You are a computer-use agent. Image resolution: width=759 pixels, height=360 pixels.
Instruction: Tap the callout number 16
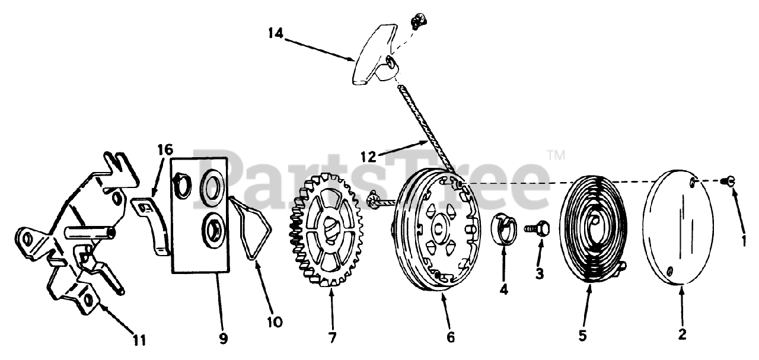[x=165, y=148]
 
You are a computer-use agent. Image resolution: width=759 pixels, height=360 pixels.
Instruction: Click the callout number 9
[x=223, y=339]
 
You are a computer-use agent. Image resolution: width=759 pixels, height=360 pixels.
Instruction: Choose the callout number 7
[x=331, y=338]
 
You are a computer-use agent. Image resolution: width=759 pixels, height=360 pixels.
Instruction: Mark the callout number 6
[x=451, y=337]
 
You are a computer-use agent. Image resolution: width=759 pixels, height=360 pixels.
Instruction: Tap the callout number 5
[x=582, y=336]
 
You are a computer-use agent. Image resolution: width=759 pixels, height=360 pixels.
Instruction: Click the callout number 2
[x=682, y=334]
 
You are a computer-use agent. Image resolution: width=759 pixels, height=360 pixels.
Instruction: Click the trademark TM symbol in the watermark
[x=556, y=156]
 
